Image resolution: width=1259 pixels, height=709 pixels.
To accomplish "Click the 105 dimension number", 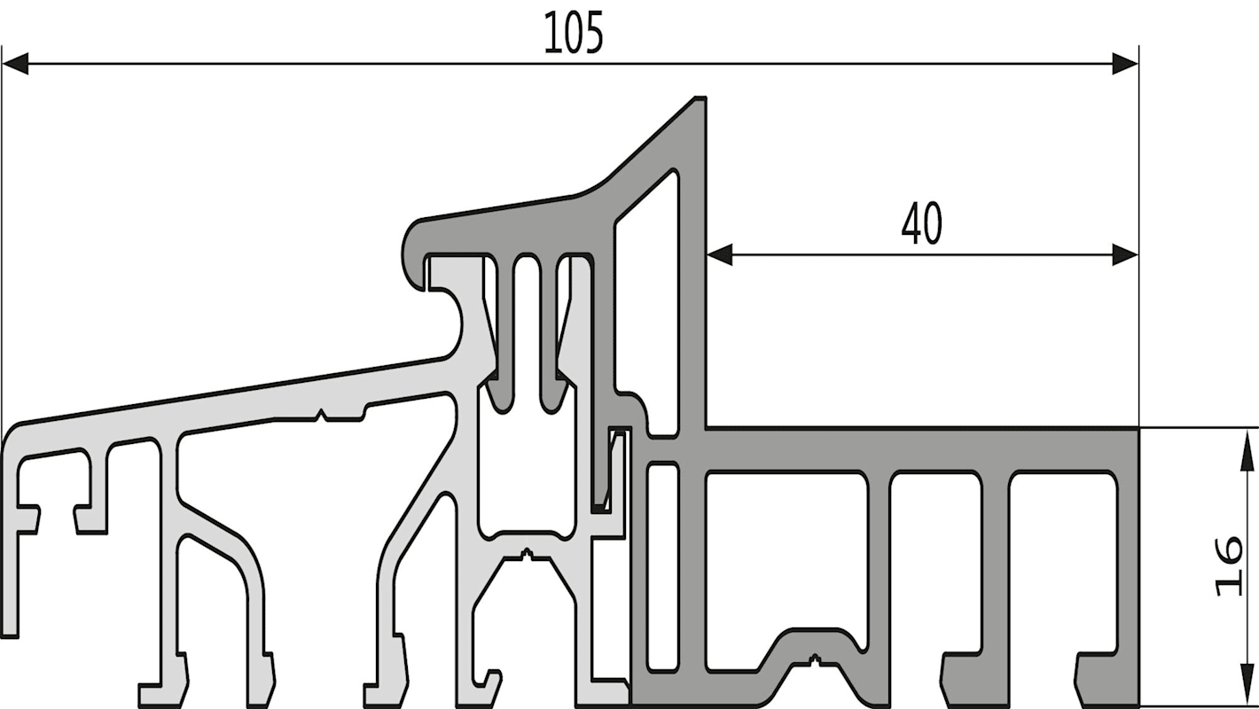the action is (574, 33).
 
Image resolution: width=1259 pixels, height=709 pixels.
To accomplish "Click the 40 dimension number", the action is (922, 223).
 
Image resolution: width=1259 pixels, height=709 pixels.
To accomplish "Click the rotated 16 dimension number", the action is (1229, 567).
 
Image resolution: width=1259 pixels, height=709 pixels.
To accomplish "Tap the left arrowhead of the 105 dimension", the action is (15, 64).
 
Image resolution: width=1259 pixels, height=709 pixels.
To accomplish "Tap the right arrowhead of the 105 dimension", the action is (1125, 64).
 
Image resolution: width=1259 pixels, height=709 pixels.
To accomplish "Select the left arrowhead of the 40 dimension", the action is (720, 254).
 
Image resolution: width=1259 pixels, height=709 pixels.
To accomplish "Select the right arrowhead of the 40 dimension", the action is (1125, 254).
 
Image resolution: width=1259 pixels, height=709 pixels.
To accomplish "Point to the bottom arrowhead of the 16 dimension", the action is (1247, 685).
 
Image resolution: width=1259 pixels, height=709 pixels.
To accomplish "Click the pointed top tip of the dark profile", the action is (700, 99).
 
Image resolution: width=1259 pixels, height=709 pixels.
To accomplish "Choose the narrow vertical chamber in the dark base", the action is (662, 567).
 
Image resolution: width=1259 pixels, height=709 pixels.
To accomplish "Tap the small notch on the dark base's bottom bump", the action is (814, 659).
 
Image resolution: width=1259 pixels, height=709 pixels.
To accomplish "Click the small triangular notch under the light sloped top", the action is (321, 415).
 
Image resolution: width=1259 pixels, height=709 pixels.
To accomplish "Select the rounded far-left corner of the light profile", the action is (10, 435).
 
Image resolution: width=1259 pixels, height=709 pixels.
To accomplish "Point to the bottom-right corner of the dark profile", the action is (1138, 705).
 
